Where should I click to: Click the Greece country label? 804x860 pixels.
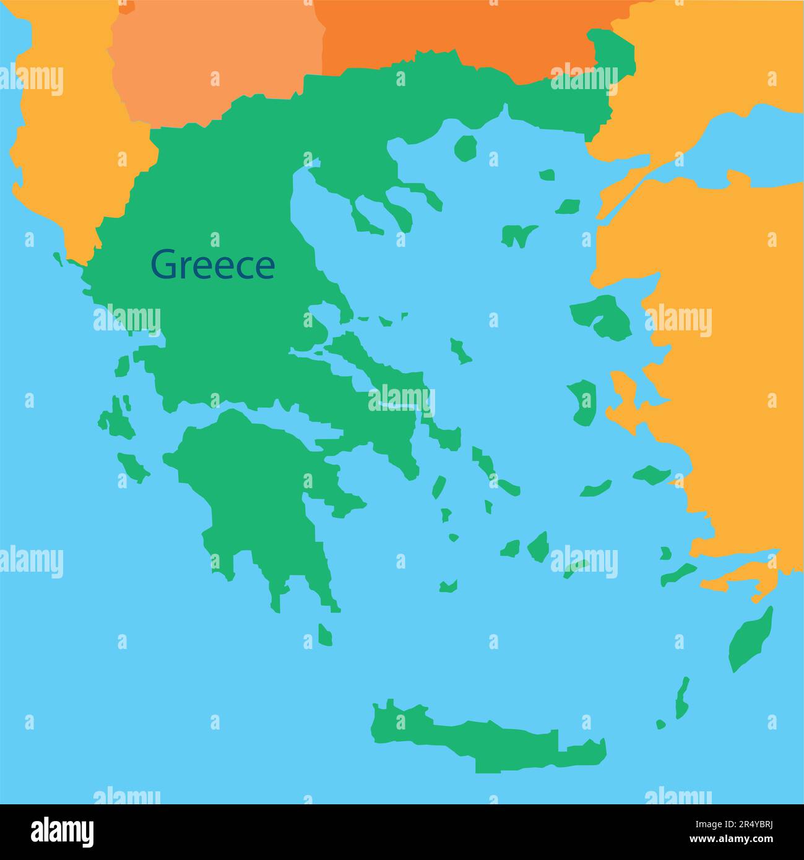(x=213, y=264)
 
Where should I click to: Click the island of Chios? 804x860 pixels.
(x=582, y=401)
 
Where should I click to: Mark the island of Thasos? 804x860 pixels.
(x=465, y=147)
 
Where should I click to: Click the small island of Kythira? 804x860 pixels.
(x=325, y=634)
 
